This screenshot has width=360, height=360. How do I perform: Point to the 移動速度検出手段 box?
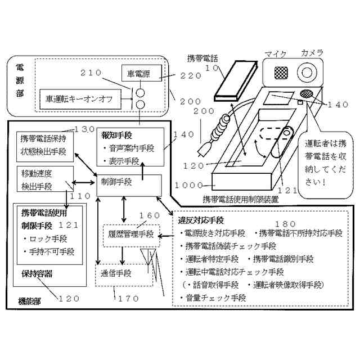pyautogui.click(x=45, y=178)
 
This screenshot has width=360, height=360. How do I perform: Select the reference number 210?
pyautogui.click(x=91, y=73)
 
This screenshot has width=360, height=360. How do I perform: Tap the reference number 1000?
pyautogui.click(x=188, y=185)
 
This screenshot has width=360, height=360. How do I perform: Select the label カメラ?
pyautogui.click(x=312, y=53)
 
